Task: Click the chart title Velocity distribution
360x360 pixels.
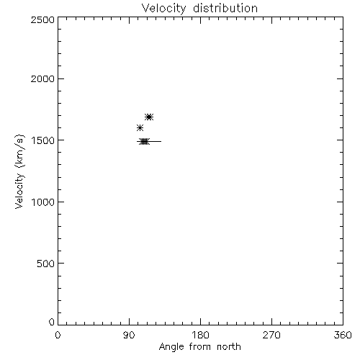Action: tap(199, 9)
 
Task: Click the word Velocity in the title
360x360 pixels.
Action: tap(164, 9)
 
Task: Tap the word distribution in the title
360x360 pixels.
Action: tap(225, 8)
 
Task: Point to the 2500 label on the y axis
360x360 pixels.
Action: tap(42, 19)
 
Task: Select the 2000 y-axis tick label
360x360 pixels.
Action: tap(42, 78)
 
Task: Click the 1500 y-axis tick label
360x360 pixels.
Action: tap(43, 140)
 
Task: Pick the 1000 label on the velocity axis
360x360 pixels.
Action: tap(43, 202)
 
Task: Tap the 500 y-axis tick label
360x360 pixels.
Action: tap(46, 264)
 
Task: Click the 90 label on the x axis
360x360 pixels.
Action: tap(129, 335)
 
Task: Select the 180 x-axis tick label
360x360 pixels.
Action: tap(200, 335)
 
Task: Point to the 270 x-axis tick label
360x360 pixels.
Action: tap(271, 335)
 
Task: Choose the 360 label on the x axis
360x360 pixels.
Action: tap(343, 335)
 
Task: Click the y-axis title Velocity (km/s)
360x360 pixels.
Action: tap(19, 171)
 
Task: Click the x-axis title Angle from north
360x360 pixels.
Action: tap(199, 347)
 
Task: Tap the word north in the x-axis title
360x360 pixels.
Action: tap(229, 346)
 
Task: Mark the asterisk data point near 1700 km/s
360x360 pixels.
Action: tap(149, 117)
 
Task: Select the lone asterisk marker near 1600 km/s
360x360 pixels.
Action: tap(140, 127)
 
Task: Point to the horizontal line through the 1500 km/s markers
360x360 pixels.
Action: tap(149, 142)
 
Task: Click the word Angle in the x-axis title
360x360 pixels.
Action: tap(171, 347)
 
